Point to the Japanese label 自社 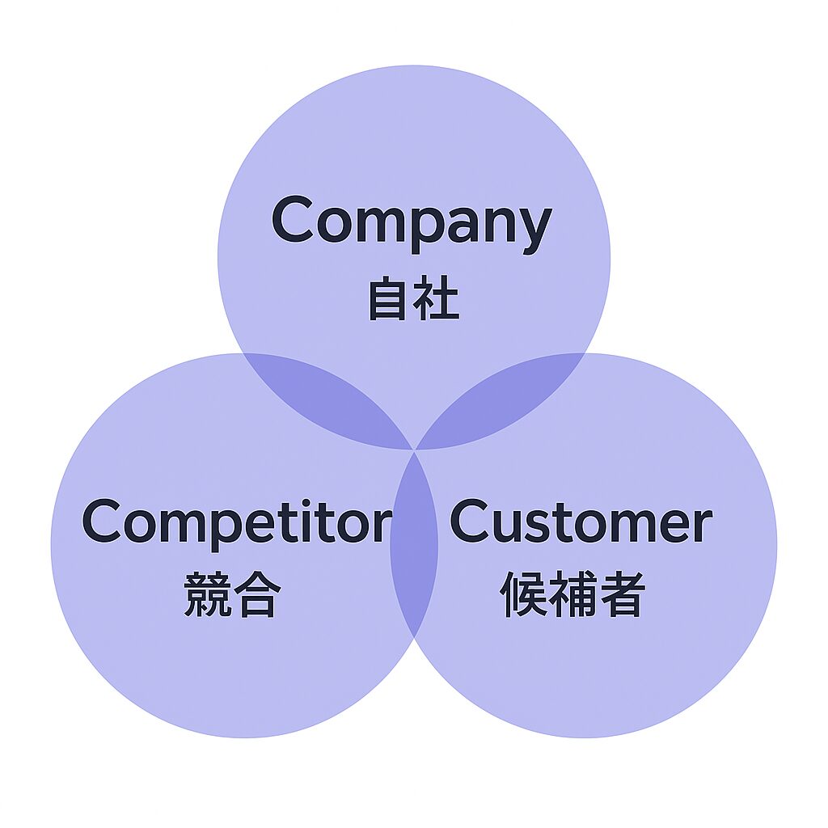pos(413,300)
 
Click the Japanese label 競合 pos(233,595)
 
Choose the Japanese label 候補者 pos(573,595)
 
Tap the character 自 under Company pos(389,300)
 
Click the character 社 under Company pos(437,300)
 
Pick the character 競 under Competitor pos(208,595)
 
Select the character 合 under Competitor pos(258,595)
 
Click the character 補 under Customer pos(573,595)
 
